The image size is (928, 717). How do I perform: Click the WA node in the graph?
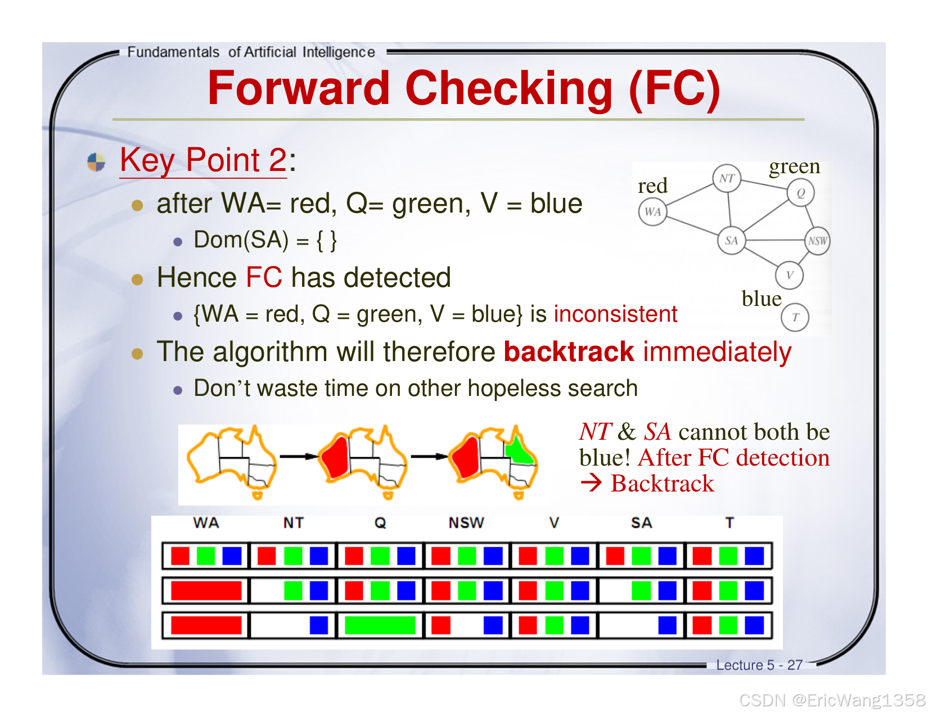(652, 212)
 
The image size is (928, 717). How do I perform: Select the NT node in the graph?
(727, 178)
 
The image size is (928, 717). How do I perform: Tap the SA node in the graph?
(731, 241)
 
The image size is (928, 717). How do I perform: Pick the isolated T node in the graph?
(795, 317)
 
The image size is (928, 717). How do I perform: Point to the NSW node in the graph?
(817, 241)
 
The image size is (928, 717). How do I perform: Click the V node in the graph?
(789, 275)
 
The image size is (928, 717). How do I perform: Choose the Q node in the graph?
(800, 193)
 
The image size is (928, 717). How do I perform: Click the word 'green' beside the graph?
(794, 166)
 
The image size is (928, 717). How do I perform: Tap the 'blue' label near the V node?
(762, 299)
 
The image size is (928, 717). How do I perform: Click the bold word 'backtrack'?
(569, 352)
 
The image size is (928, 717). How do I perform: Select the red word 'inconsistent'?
(615, 314)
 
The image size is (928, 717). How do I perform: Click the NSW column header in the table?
(466, 523)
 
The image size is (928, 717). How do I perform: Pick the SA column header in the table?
(641, 523)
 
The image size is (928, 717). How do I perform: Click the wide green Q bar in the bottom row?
(380, 625)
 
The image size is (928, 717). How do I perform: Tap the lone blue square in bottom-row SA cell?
(668, 625)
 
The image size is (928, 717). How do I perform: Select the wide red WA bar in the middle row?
(206, 590)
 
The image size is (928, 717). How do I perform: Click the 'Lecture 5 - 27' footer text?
(759, 665)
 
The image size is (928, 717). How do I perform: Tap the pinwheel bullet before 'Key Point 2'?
(96, 162)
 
